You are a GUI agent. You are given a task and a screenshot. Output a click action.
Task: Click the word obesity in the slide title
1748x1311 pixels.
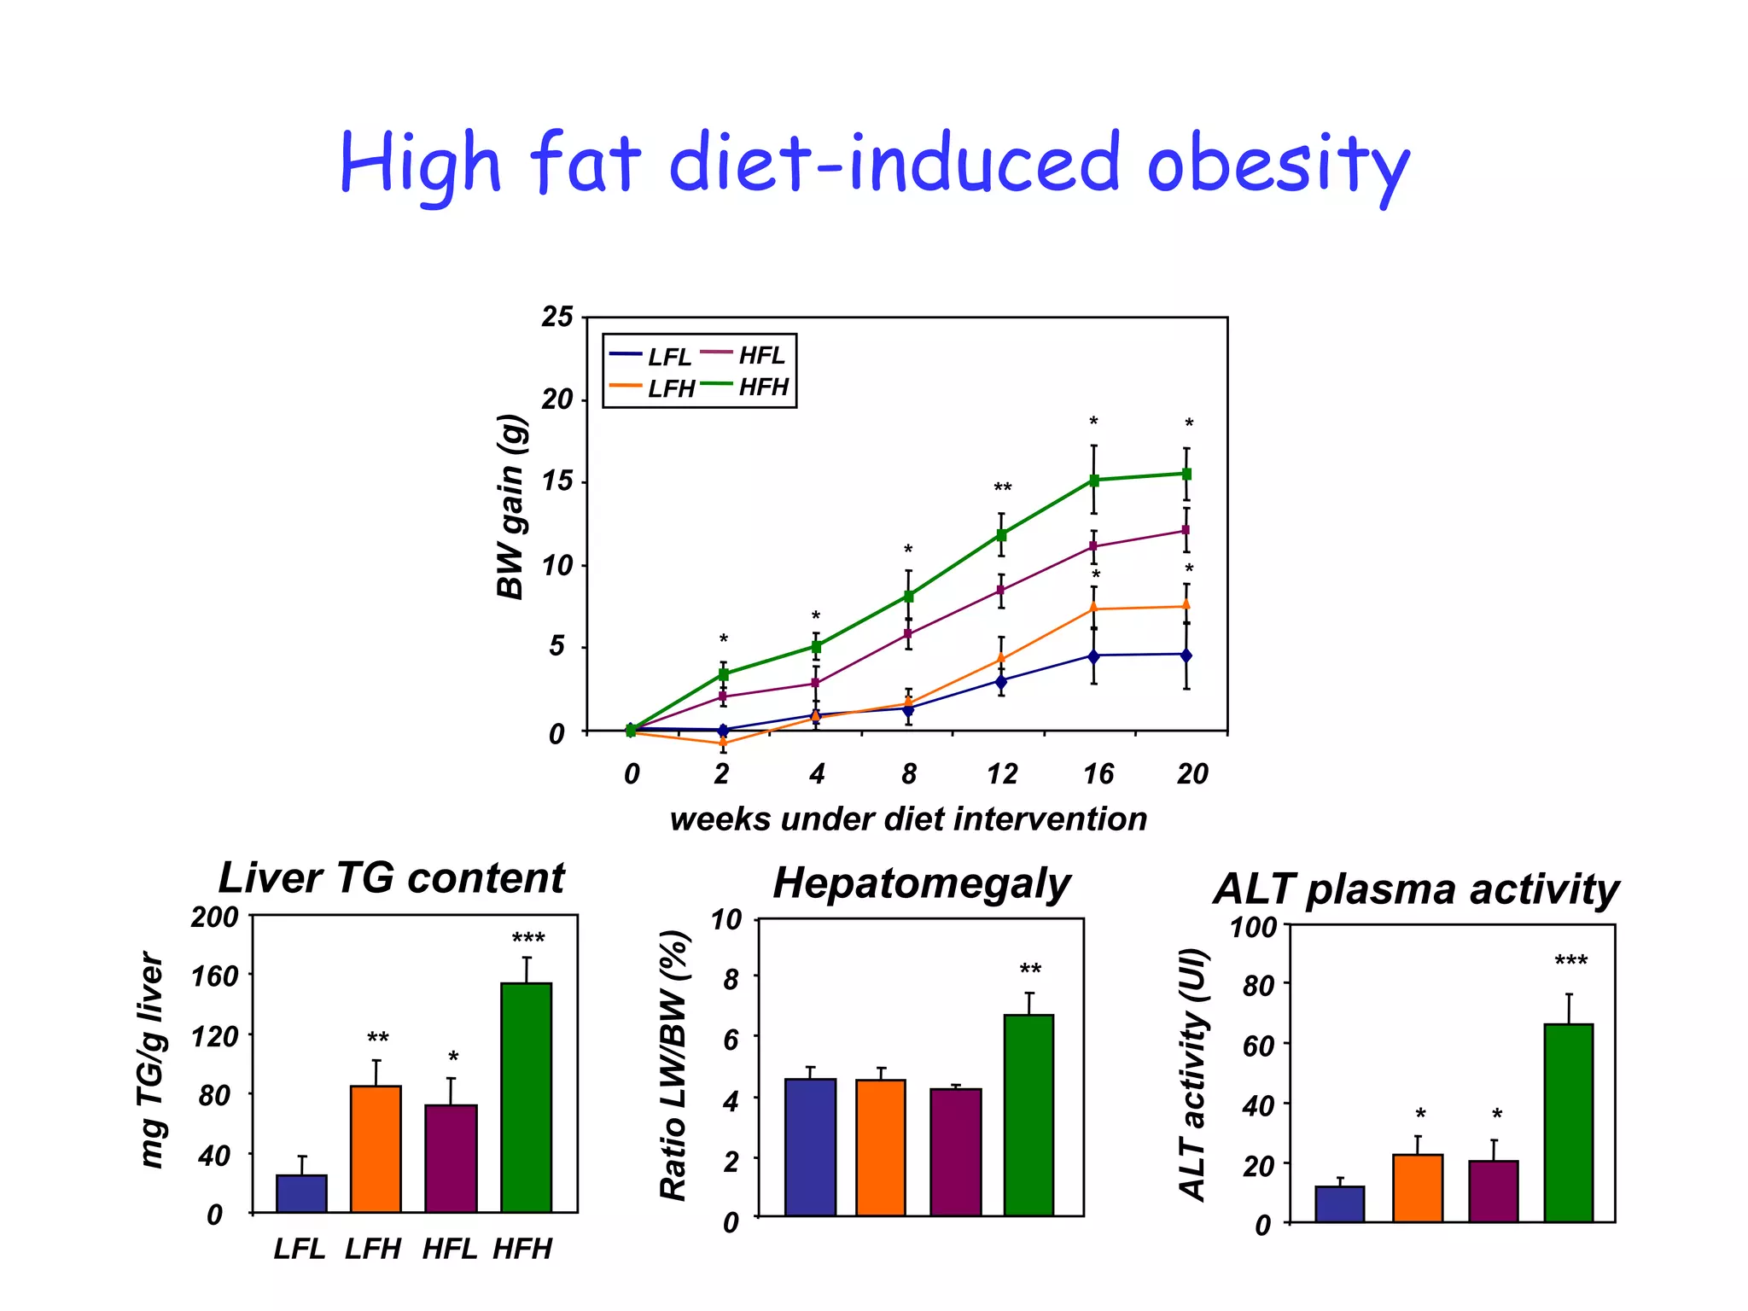1277,165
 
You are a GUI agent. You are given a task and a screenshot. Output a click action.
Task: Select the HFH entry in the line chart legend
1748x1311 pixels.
762,387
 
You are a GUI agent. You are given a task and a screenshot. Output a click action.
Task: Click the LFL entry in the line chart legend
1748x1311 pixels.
668,357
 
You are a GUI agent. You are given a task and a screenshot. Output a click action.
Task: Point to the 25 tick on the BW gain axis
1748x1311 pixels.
557,317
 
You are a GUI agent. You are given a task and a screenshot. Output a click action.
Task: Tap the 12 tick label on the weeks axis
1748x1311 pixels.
1002,774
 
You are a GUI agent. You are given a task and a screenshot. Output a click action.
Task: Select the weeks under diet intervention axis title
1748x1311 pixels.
908,819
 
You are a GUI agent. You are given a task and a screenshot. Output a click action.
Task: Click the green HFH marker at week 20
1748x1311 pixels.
1186,474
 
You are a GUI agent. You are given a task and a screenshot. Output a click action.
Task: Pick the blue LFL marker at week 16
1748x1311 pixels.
1093,655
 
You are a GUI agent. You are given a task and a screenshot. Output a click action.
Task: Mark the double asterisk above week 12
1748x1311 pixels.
1003,488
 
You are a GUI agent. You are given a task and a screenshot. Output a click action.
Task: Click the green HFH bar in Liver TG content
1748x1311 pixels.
527,1098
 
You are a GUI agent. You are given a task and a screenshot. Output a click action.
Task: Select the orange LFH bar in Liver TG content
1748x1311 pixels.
376,1149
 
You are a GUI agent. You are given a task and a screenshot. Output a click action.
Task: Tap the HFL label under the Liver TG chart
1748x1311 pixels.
449,1249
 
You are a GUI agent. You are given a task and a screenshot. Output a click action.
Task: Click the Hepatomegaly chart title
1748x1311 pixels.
921,883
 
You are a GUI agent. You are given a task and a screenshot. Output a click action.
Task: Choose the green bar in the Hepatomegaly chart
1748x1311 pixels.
1028,1115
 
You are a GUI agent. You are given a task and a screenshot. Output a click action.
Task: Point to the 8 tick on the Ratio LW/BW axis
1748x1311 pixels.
731,980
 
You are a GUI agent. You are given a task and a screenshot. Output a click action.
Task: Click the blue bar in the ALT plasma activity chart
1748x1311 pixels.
1339,1204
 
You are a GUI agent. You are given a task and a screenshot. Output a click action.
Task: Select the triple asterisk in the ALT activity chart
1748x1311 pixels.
1570,962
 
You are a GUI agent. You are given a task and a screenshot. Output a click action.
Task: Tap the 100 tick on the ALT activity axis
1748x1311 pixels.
1253,928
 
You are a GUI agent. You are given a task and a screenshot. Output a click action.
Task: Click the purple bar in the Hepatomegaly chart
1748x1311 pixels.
956,1152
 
